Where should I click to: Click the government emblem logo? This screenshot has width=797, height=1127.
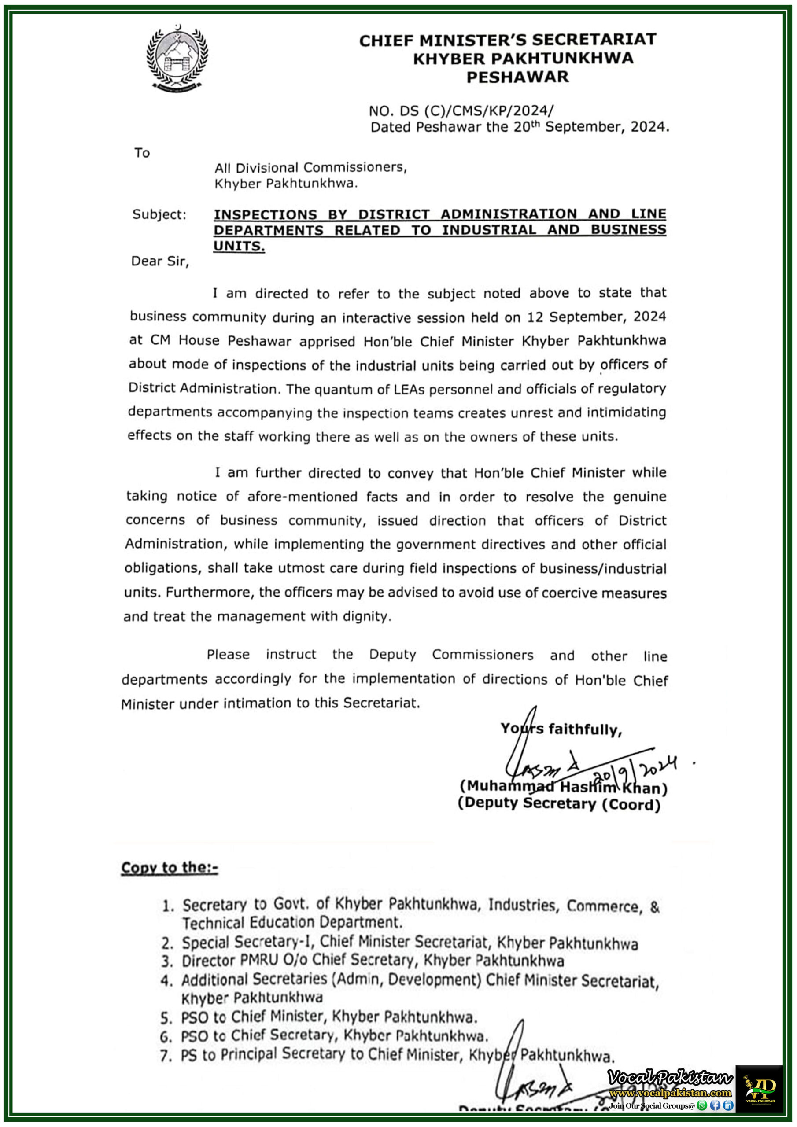tap(177, 59)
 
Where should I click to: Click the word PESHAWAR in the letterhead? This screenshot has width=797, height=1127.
tap(517, 77)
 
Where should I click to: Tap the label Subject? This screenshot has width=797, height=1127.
tap(159, 214)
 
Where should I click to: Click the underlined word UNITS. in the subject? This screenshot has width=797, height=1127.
tap(239, 246)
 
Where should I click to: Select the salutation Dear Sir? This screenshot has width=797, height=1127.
tap(159, 261)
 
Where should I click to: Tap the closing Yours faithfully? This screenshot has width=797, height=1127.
tap(561, 729)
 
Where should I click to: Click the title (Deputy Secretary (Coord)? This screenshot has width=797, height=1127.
tap(559, 804)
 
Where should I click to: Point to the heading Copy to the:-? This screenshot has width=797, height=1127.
tap(170, 867)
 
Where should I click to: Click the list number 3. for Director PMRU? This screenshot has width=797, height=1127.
tap(167, 961)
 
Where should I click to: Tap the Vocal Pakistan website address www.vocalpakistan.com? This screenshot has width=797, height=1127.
tap(670, 1093)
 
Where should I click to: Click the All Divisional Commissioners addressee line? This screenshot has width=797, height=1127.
tap(310, 168)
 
